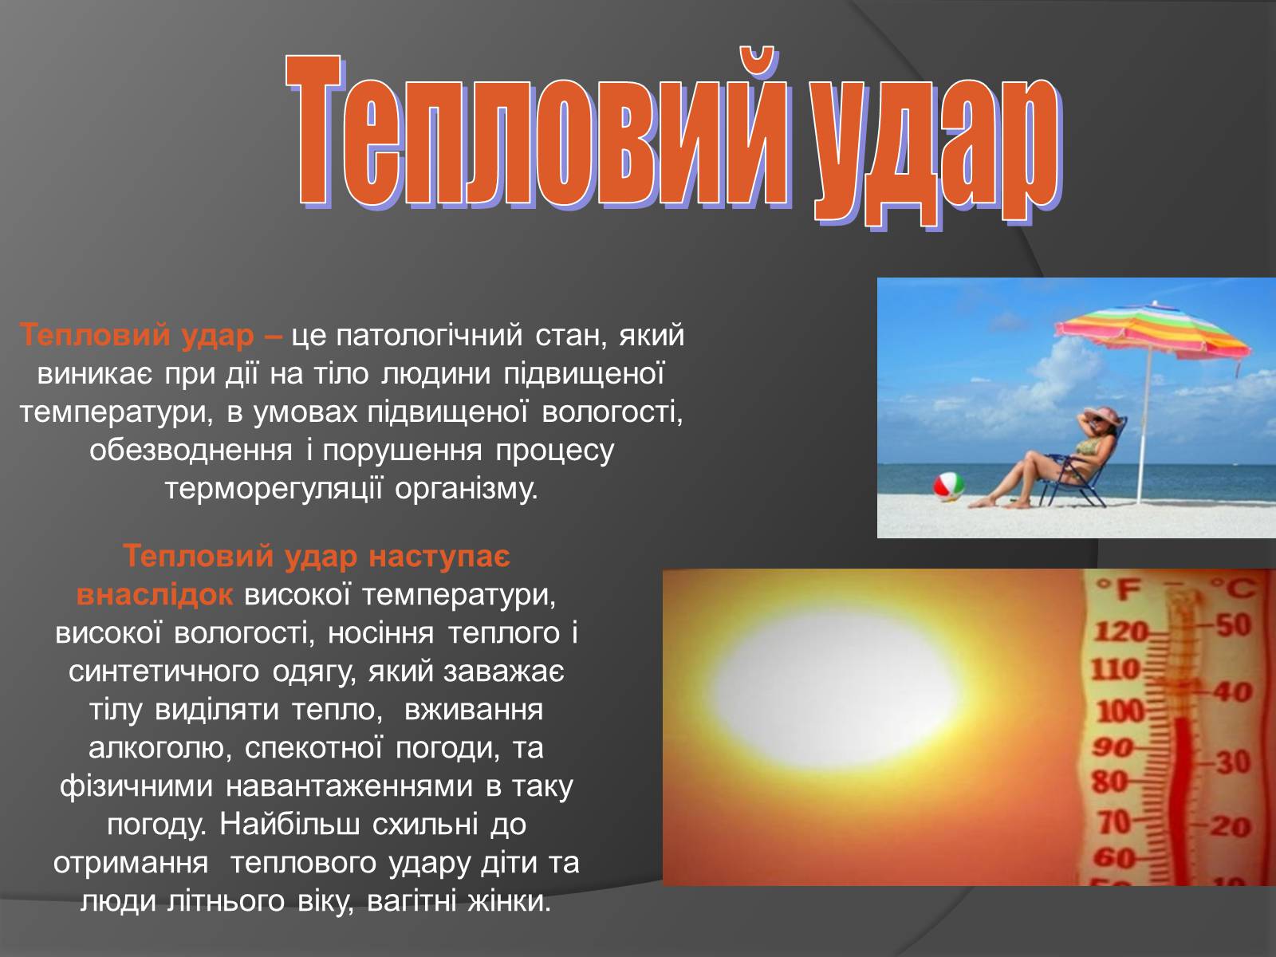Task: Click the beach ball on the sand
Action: (x=949, y=486)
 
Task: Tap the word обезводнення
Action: (x=191, y=451)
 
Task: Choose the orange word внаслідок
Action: (x=155, y=594)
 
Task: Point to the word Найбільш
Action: (x=289, y=823)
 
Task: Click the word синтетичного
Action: (x=164, y=672)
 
